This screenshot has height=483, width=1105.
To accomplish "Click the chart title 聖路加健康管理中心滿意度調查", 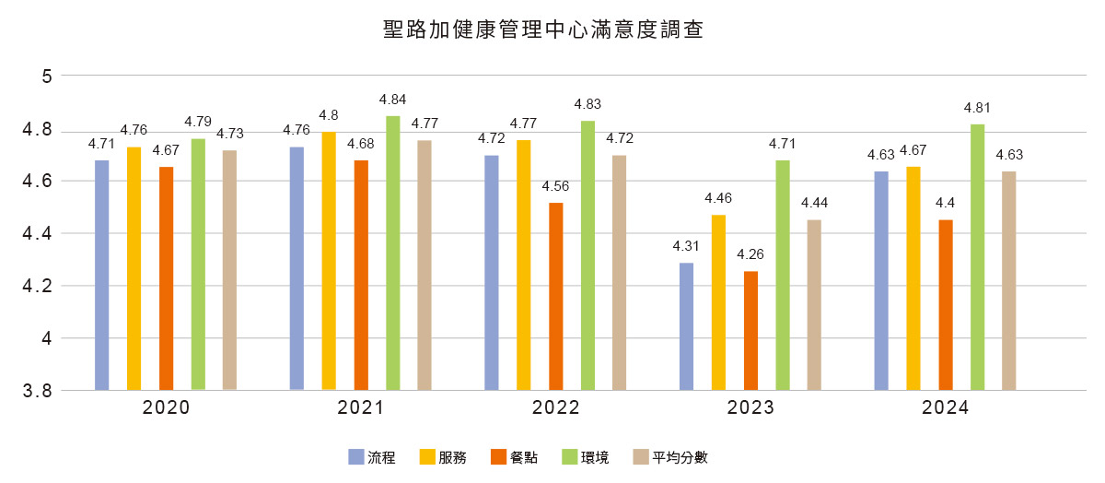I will [543, 30].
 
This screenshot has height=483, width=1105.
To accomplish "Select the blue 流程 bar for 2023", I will [686, 326].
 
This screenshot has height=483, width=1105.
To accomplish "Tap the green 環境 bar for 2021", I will [393, 253].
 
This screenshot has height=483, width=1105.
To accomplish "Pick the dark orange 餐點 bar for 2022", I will [556, 296].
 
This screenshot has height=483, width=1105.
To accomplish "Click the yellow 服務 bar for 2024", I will [913, 278].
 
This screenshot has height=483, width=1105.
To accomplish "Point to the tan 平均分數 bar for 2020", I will [230, 270].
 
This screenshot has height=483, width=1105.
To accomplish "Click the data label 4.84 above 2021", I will [393, 99].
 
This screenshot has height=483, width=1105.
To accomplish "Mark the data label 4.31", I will [686, 246].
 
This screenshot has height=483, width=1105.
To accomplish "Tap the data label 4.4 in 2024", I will [946, 203].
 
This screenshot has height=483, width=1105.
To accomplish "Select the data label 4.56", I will [556, 185].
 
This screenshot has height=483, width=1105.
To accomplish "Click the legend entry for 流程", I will [372, 457].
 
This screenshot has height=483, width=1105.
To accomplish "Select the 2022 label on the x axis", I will [556, 408].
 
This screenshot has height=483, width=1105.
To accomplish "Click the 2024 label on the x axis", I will [946, 408].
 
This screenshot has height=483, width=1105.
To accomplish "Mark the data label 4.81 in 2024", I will [978, 107].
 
